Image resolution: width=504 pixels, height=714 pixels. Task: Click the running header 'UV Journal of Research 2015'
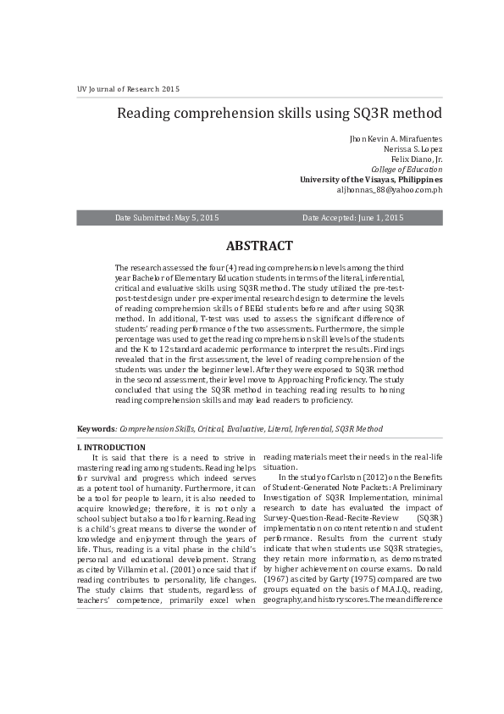click(x=129, y=89)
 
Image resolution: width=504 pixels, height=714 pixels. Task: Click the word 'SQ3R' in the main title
click(x=363, y=113)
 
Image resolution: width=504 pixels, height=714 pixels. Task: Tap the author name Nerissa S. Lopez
click(x=413, y=149)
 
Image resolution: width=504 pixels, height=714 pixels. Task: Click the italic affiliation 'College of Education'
click(x=407, y=170)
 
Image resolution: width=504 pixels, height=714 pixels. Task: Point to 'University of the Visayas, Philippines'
click(x=371, y=180)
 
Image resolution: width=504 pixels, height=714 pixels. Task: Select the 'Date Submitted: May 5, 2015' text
click(x=167, y=218)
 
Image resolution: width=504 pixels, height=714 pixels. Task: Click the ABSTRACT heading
click(x=259, y=247)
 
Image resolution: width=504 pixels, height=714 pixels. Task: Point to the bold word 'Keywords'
click(x=96, y=430)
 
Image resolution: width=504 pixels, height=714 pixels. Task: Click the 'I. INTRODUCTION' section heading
click(x=111, y=448)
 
